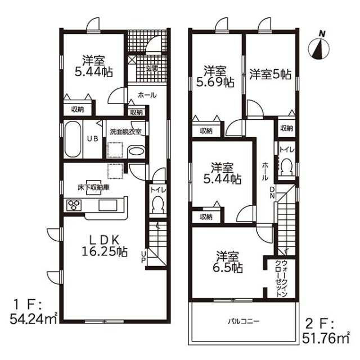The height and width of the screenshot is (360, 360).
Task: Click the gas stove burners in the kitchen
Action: click(x=74, y=205)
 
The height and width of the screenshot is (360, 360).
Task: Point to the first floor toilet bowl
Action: click(x=157, y=206)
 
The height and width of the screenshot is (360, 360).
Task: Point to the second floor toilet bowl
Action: click(x=287, y=167)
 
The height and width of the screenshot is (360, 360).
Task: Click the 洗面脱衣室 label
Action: click(x=125, y=131)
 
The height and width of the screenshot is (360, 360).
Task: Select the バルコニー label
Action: click(x=243, y=321)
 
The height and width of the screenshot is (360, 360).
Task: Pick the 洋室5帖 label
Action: click(x=270, y=74)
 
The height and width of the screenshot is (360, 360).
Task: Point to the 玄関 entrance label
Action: click(x=152, y=68)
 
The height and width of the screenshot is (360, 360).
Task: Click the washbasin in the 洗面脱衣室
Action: click(x=136, y=151)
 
